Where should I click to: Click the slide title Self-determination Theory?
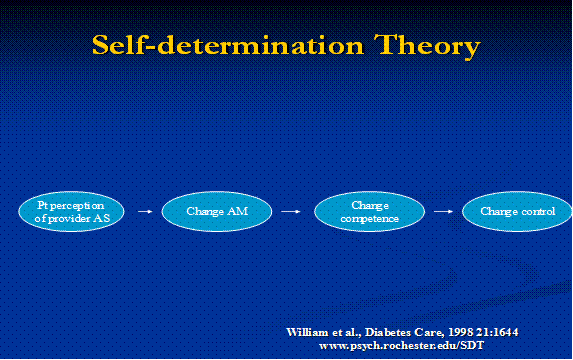286,45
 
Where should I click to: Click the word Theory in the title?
423,45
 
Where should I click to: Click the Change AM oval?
218,211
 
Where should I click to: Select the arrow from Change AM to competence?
292,212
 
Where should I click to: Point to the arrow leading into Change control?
441,212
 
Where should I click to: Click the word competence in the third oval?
369,218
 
